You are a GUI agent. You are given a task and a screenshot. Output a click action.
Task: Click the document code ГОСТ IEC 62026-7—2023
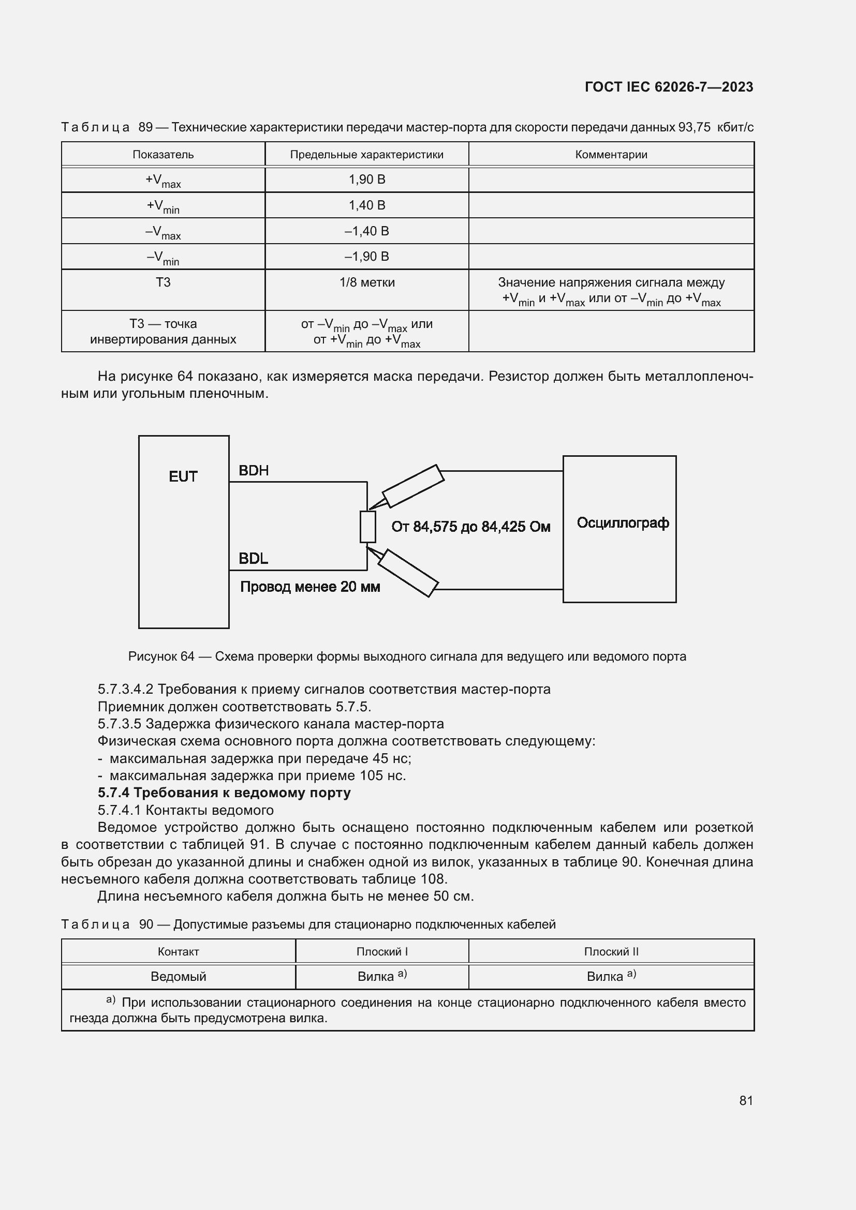pos(668,87)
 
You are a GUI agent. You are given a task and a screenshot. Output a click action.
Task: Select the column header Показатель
pos(163,154)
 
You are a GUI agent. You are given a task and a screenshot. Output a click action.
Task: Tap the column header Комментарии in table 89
pos(611,154)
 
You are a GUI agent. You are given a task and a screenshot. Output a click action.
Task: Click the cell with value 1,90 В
pos(367,180)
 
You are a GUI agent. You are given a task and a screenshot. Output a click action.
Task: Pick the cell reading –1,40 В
pos(367,231)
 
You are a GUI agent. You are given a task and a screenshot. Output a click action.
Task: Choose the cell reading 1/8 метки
pos(367,282)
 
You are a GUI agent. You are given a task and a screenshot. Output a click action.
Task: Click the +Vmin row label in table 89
pos(163,206)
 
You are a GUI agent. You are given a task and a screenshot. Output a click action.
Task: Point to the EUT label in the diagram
pos(183,476)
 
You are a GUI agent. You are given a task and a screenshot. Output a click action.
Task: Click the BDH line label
pos(254,471)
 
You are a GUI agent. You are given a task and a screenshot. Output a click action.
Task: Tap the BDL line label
pos(253,559)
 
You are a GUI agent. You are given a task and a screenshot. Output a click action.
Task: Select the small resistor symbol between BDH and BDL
pos(367,527)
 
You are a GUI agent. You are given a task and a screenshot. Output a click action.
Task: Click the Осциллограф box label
pos(623,523)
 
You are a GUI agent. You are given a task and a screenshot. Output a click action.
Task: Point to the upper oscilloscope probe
pos(412,486)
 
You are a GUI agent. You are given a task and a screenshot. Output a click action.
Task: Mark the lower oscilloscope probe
pos(408,573)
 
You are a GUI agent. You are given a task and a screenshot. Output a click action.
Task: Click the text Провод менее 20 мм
pos(310,587)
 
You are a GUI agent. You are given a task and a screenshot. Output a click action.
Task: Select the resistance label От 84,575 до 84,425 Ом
pos(470,527)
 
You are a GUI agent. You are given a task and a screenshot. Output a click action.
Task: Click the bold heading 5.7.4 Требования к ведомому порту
pos(224,793)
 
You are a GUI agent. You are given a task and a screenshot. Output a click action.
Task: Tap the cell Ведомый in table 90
pos(178,977)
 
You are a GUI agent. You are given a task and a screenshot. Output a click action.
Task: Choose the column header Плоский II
pos(611,952)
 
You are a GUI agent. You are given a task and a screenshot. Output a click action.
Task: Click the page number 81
pos(745,1100)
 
